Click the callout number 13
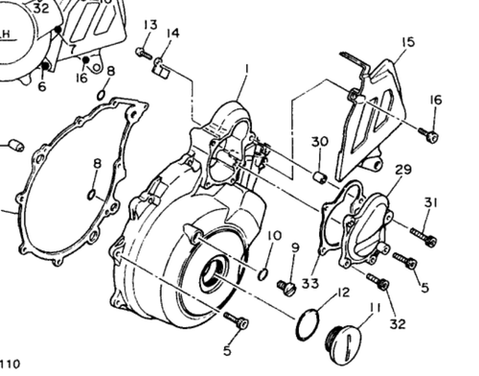pos(150,24)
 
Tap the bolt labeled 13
pos(144,52)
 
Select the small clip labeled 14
pos(160,66)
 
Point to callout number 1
pos(246,69)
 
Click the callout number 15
pos(408,42)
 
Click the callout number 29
pos(403,170)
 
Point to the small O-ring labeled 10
pos(262,274)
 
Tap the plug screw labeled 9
pos(285,286)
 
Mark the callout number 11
pos(375,308)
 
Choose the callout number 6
pos(41,86)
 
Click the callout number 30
pos(319,143)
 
